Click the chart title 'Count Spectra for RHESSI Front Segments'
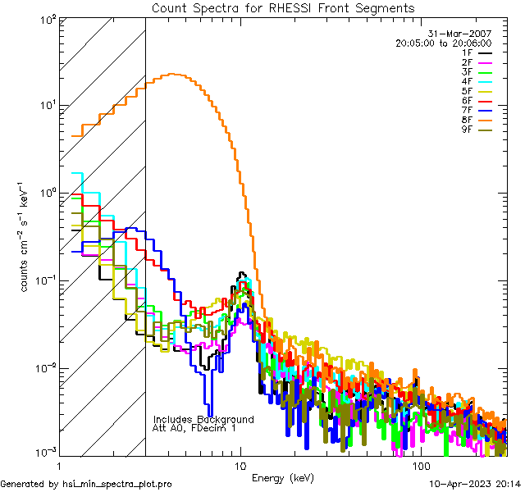tap(284, 7)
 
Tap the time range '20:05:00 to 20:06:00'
tap(443, 43)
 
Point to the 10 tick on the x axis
tap(240, 466)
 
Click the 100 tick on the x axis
tap(419, 466)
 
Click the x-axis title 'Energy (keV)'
tap(284, 477)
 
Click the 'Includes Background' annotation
tap(203, 419)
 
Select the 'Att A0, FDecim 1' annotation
tap(194, 428)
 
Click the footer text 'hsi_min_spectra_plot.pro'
tap(117, 485)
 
